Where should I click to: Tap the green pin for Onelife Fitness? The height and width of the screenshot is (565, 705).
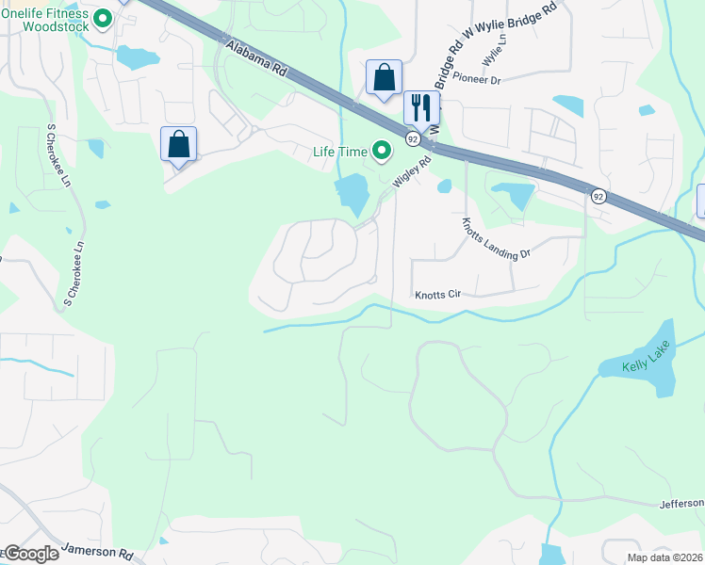pyautogui.click(x=104, y=18)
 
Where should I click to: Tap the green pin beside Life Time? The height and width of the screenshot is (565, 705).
pyautogui.click(x=382, y=150)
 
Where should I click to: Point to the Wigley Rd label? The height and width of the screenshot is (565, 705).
pyautogui.click(x=412, y=173)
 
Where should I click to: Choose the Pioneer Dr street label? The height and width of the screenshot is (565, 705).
pyautogui.click(x=475, y=79)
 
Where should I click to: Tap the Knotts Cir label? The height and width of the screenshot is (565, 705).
pyautogui.click(x=437, y=295)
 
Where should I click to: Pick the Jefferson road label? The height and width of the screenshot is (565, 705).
pyautogui.click(x=681, y=504)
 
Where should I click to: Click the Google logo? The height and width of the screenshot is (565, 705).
pyautogui.click(x=30, y=554)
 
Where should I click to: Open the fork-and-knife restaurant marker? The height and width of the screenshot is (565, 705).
pyautogui.click(x=420, y=107)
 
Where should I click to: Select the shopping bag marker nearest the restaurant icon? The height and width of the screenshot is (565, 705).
pyautogui.click(x=384, y=77)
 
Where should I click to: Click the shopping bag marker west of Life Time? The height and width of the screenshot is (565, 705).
pyautogui.click(x=178, y=145)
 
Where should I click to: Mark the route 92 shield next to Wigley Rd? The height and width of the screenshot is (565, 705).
pyautogui.click(x=413, y=138)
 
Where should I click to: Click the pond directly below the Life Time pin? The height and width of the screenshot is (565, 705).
pyautogui.click(x=352, y=195)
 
